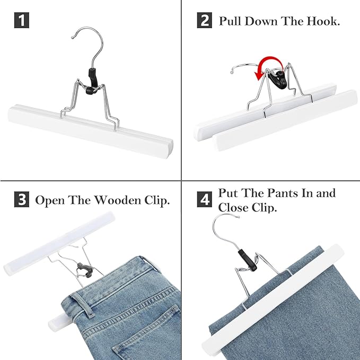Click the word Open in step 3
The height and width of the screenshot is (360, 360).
49,200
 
